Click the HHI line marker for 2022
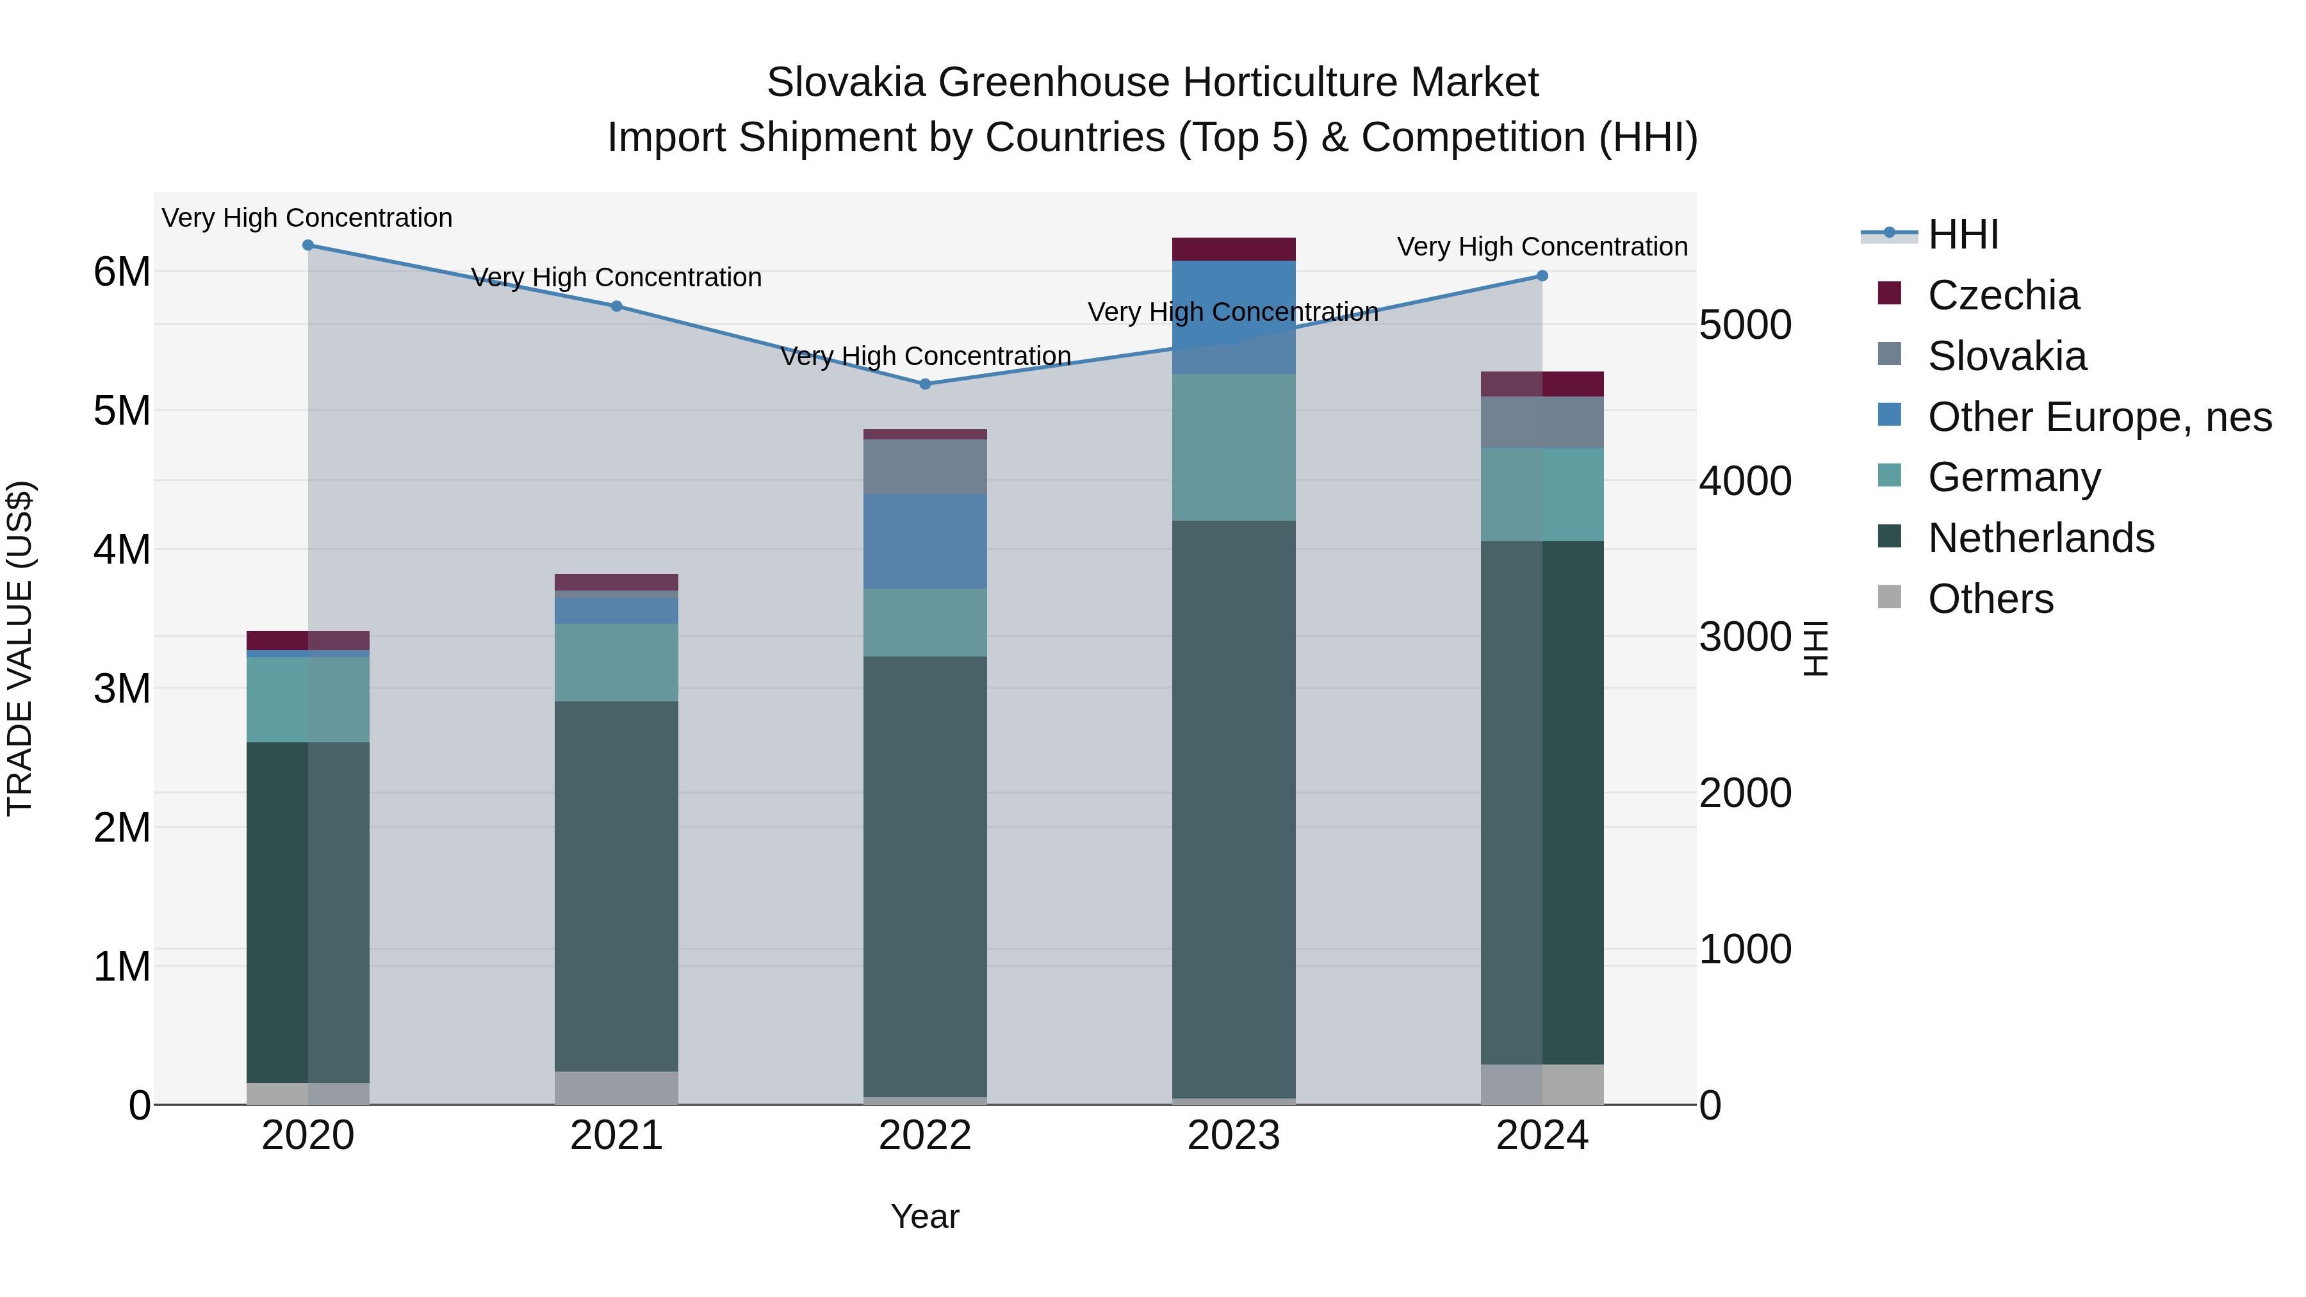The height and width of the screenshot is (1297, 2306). pyautogui.click(x=925, y=384)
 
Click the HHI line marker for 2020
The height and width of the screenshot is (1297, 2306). pyautogui.click(x=308, y=245)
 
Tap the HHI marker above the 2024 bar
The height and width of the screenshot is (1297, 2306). pyautogui.click(x=1542, y=275)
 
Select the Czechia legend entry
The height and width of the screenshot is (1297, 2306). pyautogui.click(x=2004, y=295)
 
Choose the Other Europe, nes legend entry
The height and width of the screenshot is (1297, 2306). pyautogui.click(x=2099, y=417)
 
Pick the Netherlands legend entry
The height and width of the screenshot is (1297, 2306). pyautogui.click(x=2041, y=538)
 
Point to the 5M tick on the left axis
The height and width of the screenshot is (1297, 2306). pyautogui.click(x=122, y=411)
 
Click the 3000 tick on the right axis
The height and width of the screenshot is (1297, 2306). pyautogui.click(x=1745, y=637)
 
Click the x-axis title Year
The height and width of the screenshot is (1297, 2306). pyautogui.click(x=925, y=1216)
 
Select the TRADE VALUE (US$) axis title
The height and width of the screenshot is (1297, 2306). pyautogui.click(x=20, y=648)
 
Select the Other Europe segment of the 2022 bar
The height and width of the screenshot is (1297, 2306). pyautogui.click(x=925, y=541)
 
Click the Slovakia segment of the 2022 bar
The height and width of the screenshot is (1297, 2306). pyautogui.click(x=925, y=466)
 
